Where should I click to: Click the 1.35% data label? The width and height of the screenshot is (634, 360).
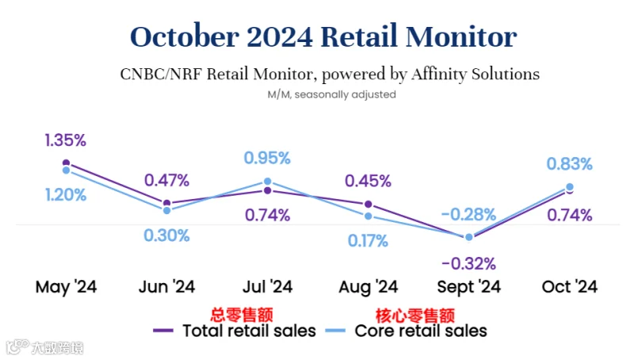click(65, 140)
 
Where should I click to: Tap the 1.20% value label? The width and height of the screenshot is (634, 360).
click(66, 195)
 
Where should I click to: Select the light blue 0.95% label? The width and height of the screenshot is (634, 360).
click(267, 158)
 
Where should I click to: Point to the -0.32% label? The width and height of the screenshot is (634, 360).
click(468, 264)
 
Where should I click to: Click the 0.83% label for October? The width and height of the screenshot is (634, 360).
click(569, 164)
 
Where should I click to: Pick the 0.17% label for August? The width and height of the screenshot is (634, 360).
click(368, 241)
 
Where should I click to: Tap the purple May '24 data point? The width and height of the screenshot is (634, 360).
click(66, 163)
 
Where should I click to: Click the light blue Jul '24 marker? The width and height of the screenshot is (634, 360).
click(267, 182)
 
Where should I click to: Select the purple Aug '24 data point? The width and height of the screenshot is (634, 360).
click(368, 205)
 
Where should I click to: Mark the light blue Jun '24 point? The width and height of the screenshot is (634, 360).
click(166, 210)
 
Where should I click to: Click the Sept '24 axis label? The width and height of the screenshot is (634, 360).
click(468, 287)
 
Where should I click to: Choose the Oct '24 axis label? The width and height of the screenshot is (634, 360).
click(569, 287)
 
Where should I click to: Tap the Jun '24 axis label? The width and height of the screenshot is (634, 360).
click(166, 287)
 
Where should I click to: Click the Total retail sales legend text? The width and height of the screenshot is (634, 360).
click(249, 331)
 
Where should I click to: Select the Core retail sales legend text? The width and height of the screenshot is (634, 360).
click(421, 331)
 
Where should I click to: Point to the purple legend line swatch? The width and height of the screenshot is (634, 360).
click(163, 331)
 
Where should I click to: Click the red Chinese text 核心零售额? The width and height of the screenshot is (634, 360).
click(414, 315)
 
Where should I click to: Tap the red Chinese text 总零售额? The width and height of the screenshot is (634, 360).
click(242, 315)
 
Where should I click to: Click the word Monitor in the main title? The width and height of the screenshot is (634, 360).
click(461, 36)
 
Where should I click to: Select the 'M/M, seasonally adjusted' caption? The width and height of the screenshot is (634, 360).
click(331, 94)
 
